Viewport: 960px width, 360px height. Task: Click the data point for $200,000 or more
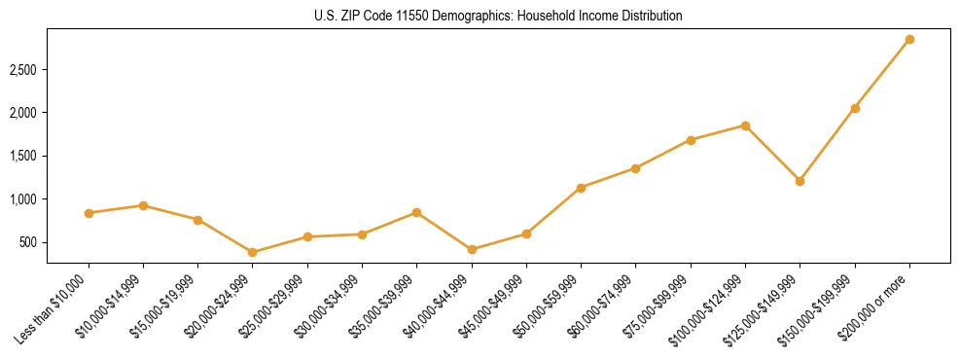(909, 40)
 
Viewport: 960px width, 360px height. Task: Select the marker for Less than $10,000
(89, 213)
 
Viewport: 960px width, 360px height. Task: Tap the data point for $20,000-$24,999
(253, 252)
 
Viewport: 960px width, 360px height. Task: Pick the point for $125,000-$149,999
(800, 181)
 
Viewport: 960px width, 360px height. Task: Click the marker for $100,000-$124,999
(745, 126)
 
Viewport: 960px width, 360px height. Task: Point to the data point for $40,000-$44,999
(472, 250)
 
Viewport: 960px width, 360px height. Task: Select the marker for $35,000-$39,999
(417, 212)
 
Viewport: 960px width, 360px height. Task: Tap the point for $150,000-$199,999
(855, 108)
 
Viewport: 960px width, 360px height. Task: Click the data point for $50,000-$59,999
(581, 188)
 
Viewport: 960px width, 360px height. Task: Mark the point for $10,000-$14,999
(143, 205)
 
